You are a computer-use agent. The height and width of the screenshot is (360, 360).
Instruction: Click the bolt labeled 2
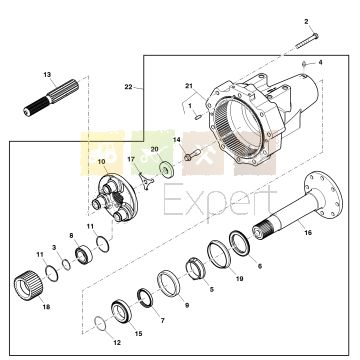click(x=307, y=41)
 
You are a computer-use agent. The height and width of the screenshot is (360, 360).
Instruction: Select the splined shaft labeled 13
click(x=51, y=98)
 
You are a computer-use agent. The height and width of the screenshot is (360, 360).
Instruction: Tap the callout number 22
click(x=129, y=87)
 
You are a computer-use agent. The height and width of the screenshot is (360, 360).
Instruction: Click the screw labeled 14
click(x=192, y=154)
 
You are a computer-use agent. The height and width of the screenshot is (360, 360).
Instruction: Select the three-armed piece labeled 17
click(x=146, y=182)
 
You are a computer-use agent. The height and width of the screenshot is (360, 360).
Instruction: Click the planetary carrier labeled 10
click(x=114, y=197)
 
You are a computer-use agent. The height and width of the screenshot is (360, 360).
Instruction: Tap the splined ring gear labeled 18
click(x=30, y=285)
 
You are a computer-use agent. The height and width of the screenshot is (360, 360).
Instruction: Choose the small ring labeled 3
click(x=67, y=265)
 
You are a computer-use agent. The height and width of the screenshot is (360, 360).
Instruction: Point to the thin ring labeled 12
click(x=100, y=324)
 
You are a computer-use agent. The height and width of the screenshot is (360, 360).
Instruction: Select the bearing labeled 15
click(x=121, y=311)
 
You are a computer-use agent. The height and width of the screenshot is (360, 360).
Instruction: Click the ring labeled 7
click(x=145, y=297)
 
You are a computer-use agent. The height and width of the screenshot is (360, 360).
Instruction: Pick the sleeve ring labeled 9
click(x=168, y=283)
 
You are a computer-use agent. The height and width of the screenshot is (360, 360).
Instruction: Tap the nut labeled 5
click(x=195, y=268)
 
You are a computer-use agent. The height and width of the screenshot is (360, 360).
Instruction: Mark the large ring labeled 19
click(x=219, y=254)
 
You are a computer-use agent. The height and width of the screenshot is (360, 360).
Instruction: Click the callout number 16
click(x=308, y=232)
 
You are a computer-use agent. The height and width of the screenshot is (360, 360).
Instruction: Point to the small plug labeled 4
click(x=305, y=63)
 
